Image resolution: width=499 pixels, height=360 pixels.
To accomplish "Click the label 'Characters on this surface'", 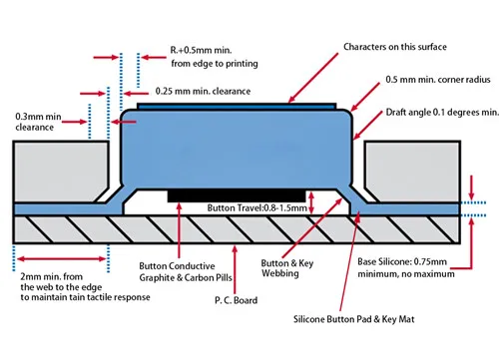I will pyautogui.click(x=394, y=47).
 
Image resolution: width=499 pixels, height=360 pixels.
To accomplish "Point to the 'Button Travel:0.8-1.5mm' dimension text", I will pyautogui.click(x=249, y=208).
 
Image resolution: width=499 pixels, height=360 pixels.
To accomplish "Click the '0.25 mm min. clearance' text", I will pyautogui.click(x=200, y=90).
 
